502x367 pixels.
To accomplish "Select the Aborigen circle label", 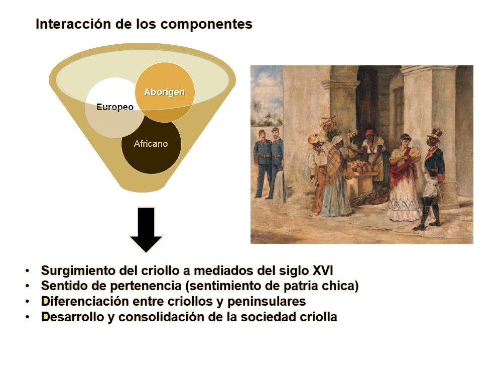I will point(164,92).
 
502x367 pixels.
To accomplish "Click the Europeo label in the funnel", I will point(114,107).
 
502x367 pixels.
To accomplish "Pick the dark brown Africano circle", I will point(151,146).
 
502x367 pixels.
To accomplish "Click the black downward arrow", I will point(146,229).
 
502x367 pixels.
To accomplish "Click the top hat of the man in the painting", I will point(434,134).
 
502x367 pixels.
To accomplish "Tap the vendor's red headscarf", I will point(369,133).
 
